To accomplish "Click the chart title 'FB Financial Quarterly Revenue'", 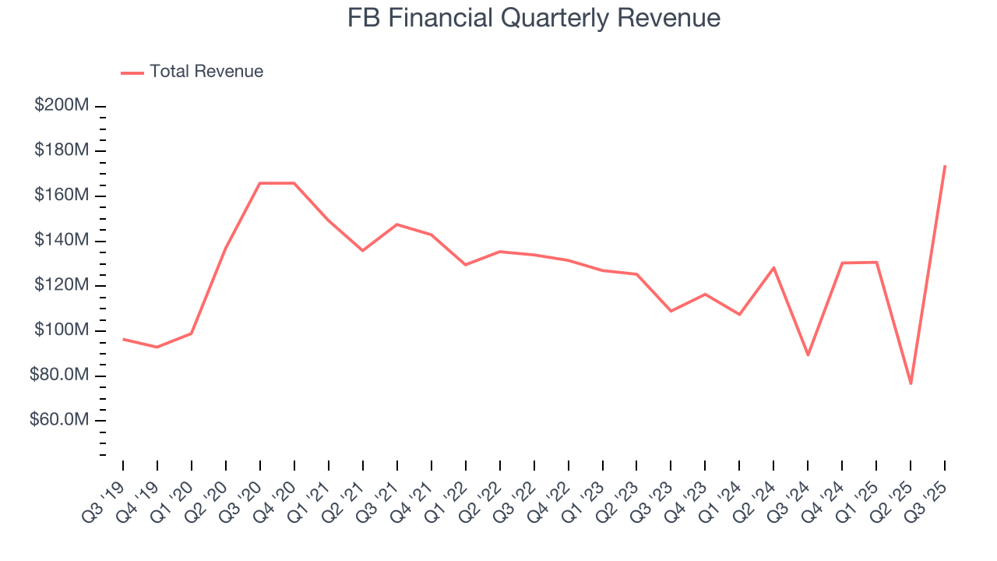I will point(534,19).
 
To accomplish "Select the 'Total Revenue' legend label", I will point(206,72).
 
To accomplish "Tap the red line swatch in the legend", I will point(132,72).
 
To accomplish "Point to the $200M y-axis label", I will point(62,105).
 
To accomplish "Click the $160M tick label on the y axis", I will point(62,195).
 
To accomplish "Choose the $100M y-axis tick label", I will point(62,330).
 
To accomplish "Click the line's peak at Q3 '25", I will point(945,165).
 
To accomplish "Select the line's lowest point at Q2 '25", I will point(911,383).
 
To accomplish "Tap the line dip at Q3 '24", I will point(808,355).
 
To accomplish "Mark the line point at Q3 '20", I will point(259,183).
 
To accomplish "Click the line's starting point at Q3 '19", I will point(123,339).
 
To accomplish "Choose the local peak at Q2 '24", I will point(773,267).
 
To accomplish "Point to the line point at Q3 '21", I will point(397,224).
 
